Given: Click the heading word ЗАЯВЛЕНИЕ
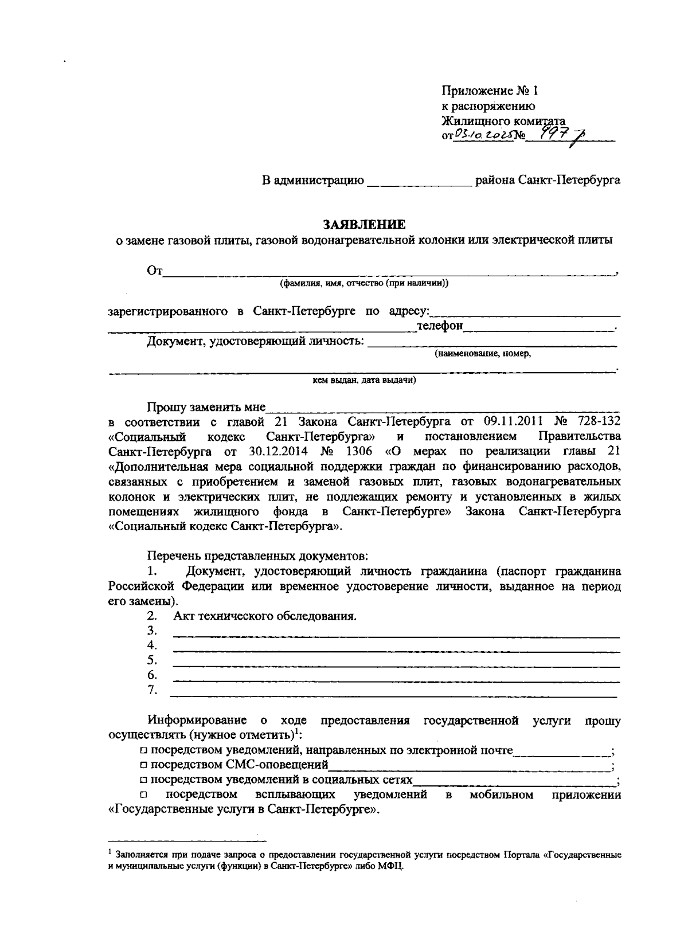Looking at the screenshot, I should pyautogui.click(x=363, y=224).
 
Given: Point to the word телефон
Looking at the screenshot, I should pyautogui.click(x=440, y=326).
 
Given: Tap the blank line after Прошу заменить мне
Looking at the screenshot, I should pyautogui.click(x=441, y=408).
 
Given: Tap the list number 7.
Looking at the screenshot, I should pyautogui.click(x=152, y=690).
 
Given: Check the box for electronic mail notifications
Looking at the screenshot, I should pyautogui.click(x=143, y=750).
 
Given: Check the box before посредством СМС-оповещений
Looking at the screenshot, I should pyautogui.click(x=143, y=765).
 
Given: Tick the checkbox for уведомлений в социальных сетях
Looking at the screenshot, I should pyautogui.click(x=143, y=780).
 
